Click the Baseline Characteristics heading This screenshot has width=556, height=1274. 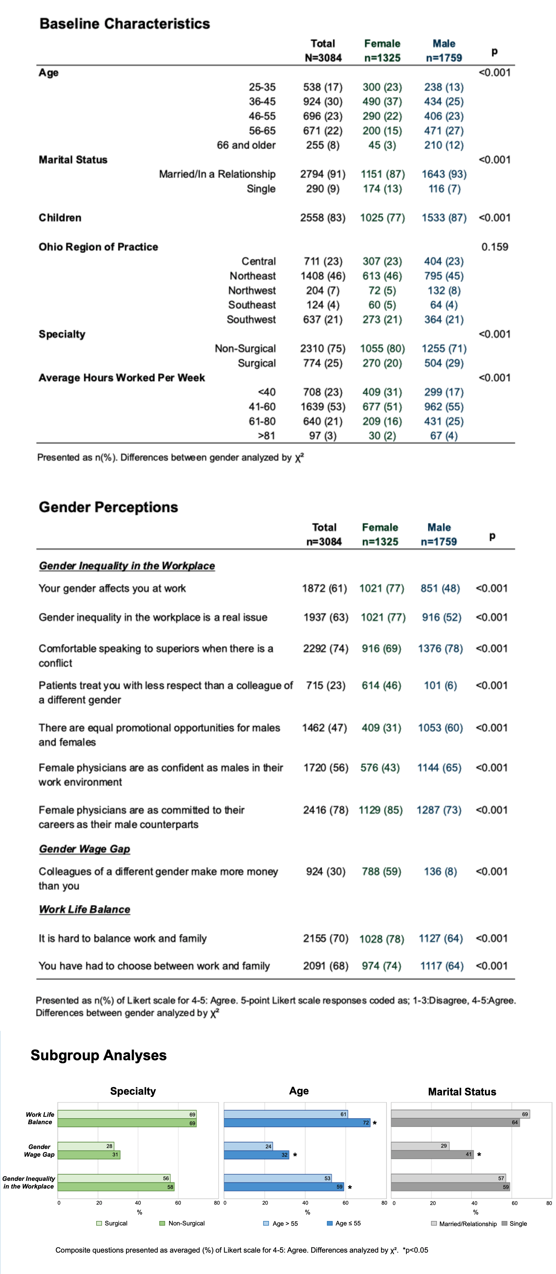click(125, 24)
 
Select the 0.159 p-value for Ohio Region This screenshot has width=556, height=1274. click(494, 247)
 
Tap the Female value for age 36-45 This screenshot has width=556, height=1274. click(382, 101)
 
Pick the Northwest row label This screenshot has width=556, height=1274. click(252, 290)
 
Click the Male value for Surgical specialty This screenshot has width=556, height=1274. click(443, 363)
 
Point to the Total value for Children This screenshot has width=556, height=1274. click(323, 218)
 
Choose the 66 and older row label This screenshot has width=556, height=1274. click(246, 145)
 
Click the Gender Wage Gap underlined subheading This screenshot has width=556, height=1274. click(85, 849)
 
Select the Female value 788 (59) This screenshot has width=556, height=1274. click(381, 872)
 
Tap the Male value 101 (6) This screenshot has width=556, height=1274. click(440, 685)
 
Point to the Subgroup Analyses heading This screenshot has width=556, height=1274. click(99, 1055)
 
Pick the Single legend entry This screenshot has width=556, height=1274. click(517, 1224)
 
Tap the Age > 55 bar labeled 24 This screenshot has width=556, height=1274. click(248, 1146)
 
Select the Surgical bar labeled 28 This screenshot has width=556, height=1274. click(86, 1146)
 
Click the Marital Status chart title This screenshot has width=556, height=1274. click(461, 1092)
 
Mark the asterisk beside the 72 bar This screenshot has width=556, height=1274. click(375, 1123)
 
